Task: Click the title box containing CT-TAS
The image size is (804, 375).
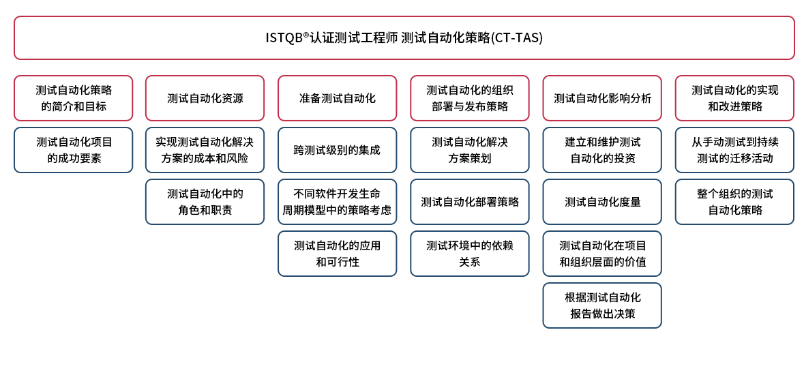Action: pyautogui.click(x=404, y=38)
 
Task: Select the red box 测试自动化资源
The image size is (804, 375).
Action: pyautogui.click(x=205, y=98)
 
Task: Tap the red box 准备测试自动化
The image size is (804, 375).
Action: pyautogui.click(x=338, y=98)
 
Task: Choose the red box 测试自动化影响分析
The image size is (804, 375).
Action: pyautogui.click(x=602, y=98)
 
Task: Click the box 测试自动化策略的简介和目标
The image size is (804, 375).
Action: pyautogui.click(x=74, y=98)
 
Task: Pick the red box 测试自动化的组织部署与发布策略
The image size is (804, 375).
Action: pyautogui.click(x=470, y=98)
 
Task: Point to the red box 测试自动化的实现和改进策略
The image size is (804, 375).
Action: pyautogui.click(x=734, y=98)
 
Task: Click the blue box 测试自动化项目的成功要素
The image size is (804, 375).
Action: pyautogui.click(x=74, y=150)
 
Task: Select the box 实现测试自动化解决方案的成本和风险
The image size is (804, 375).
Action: pyautogui.click(x=205, y=150)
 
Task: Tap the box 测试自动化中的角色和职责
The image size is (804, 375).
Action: pyautogui.click(x=205, y=202)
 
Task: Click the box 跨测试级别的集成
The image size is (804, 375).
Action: pyautogui.click(x=338, y=150)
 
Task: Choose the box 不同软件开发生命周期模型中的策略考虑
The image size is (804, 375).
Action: pyautogui.click(x=338, y=202)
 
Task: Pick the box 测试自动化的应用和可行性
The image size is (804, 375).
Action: pyautogui.click(x=338, y=254)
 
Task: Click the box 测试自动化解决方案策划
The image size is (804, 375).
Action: pyautogui.click(x=470, y=150)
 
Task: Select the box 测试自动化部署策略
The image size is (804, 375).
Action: pyautogui.click(x=470, y=202)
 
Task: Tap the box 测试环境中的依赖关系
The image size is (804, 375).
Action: pyautogui.click(x=470, y=254)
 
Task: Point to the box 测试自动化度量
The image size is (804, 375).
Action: pyautogui.click(x=602, y=202)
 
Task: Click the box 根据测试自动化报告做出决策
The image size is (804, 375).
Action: pyautogui.click(x=602, y=305)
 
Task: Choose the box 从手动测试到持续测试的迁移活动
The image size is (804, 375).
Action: pyautogui.click(x=734, y=150)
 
